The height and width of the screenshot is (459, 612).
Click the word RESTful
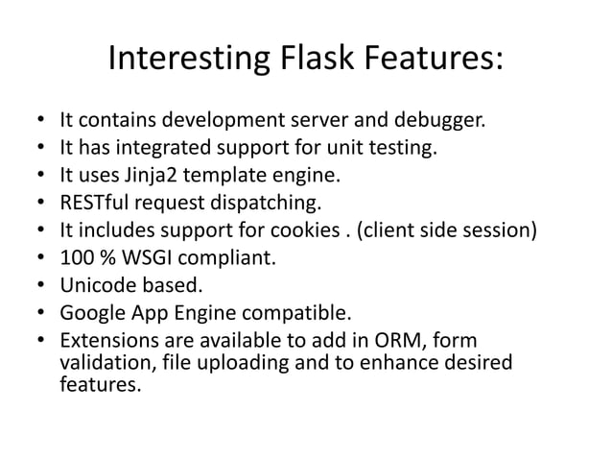tap(95, 204)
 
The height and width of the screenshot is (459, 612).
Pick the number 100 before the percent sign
tap(76, 258)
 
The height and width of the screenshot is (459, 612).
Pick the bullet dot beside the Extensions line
tap(39, 341)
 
